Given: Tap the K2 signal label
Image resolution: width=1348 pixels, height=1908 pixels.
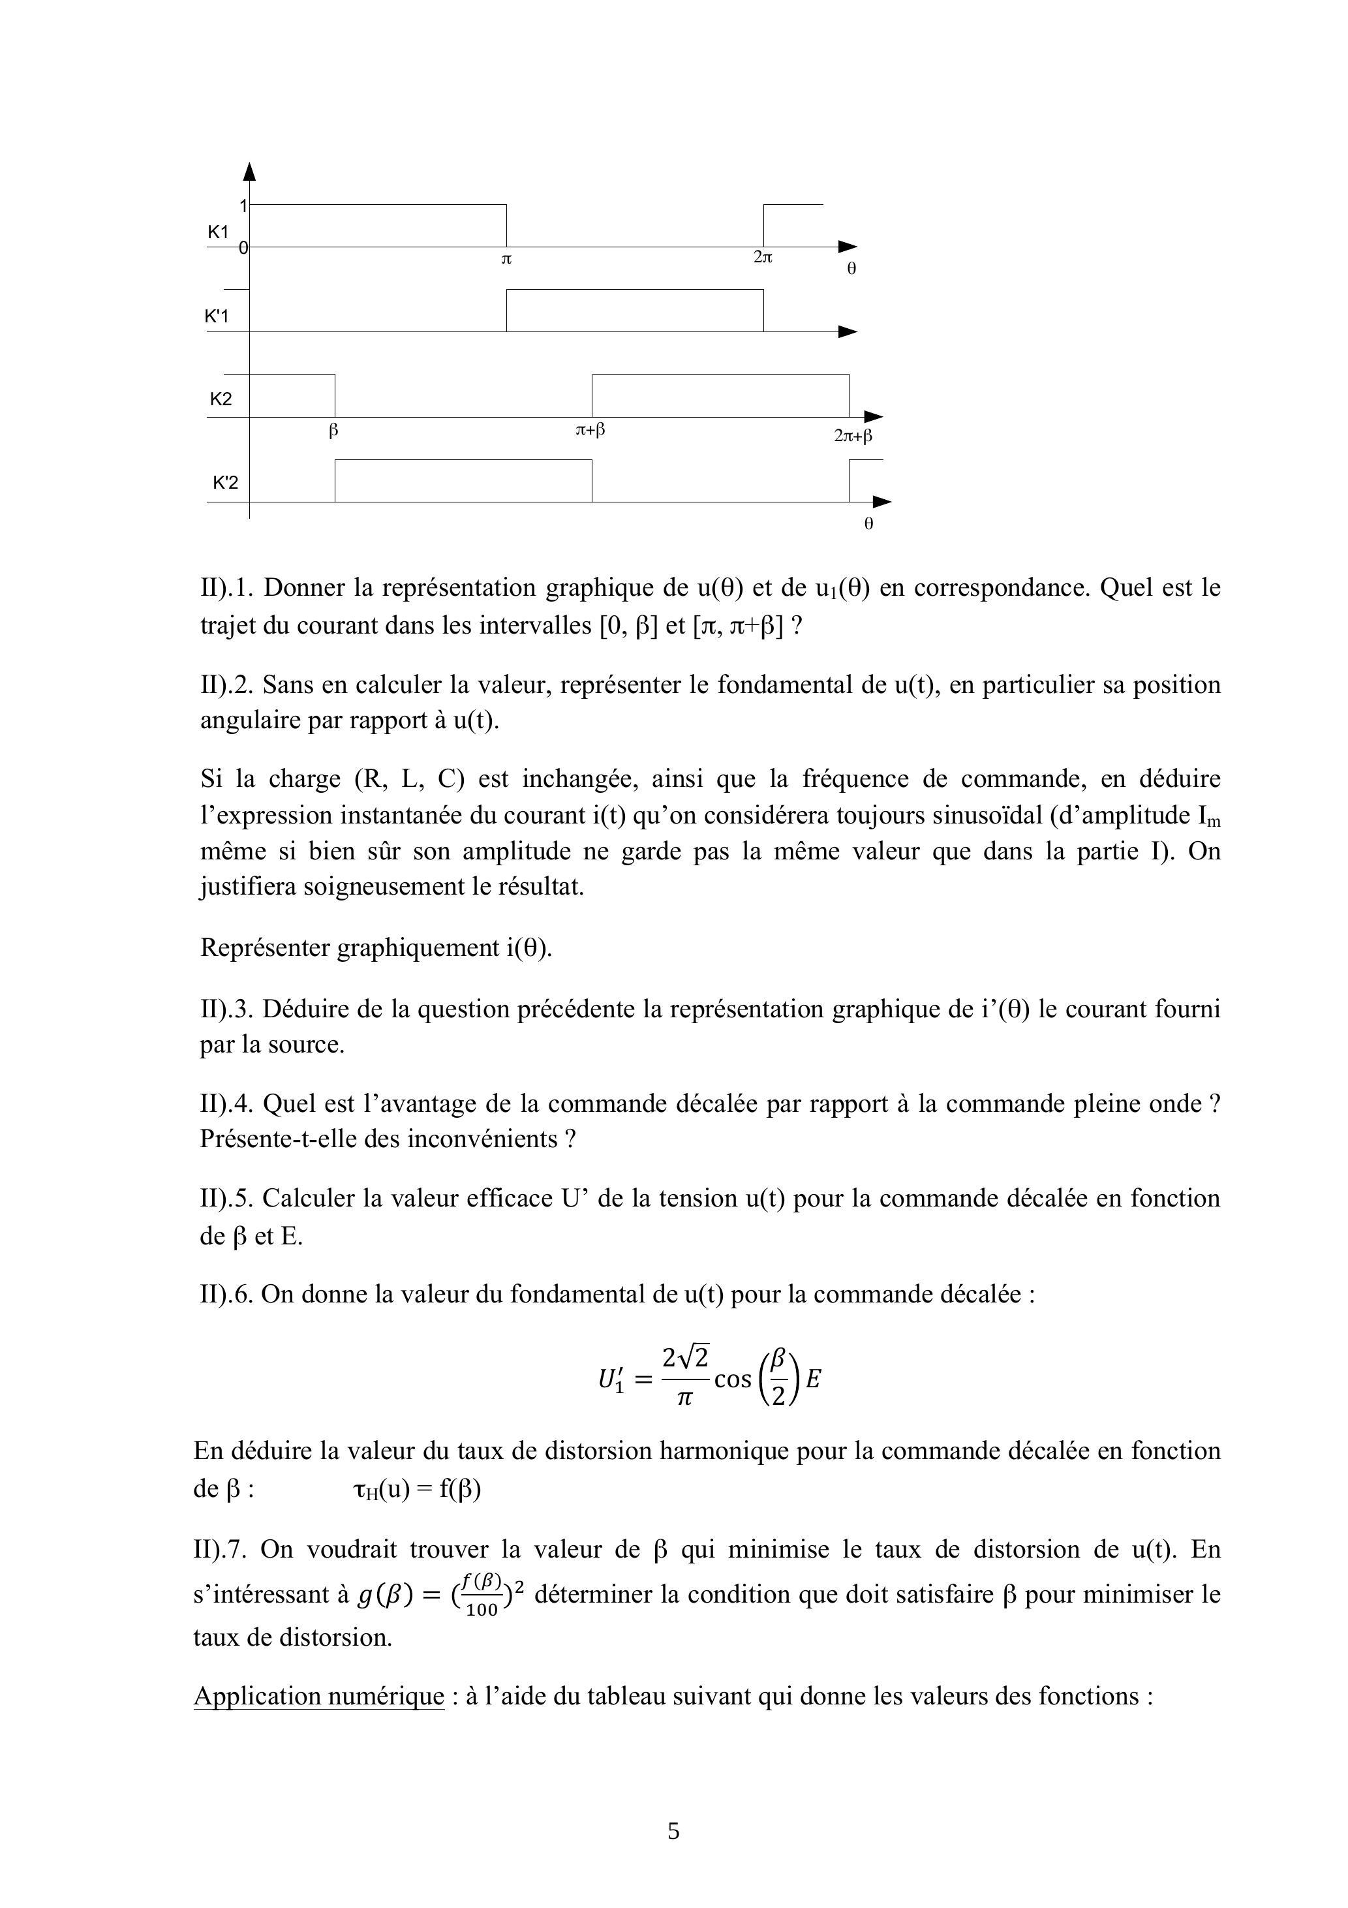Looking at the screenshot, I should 221,399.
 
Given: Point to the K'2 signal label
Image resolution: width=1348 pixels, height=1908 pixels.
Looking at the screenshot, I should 225,483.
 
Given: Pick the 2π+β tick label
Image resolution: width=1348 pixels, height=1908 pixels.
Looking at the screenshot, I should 853,435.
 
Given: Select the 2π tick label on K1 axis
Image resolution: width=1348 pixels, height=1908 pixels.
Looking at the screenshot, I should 763,258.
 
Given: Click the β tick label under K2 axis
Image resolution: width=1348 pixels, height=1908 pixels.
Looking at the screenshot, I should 333,431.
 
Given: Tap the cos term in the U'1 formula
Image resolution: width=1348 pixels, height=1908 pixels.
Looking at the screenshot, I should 732,1379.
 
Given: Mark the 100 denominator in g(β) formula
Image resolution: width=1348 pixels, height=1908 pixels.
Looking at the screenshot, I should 482,1610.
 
